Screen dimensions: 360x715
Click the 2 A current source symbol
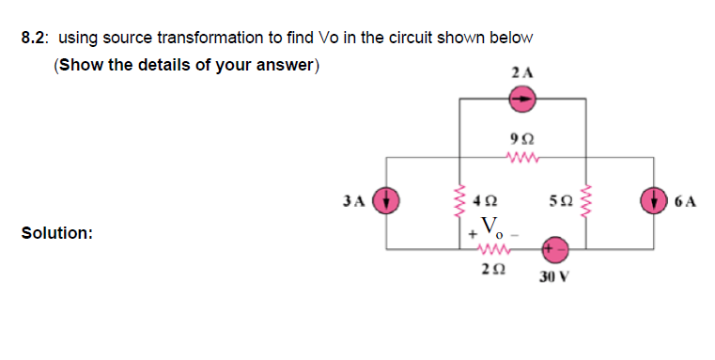[x=522, y=97]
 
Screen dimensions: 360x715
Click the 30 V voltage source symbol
[x=554, y=249]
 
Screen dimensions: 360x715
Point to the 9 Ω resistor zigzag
[x=521, y=156]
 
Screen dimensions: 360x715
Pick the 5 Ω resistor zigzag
[x=588, y=200]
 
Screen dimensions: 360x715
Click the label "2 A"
[x=522, y=71]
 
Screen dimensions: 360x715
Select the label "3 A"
[x=354, y=200]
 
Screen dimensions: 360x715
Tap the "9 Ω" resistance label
[x=521, y=137]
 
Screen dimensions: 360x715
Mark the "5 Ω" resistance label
[x=561, y=200]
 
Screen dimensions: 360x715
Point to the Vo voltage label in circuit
[x=490, y=227]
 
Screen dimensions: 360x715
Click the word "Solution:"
[x=56, y=232]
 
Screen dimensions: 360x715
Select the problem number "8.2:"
[x=36, y=38]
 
